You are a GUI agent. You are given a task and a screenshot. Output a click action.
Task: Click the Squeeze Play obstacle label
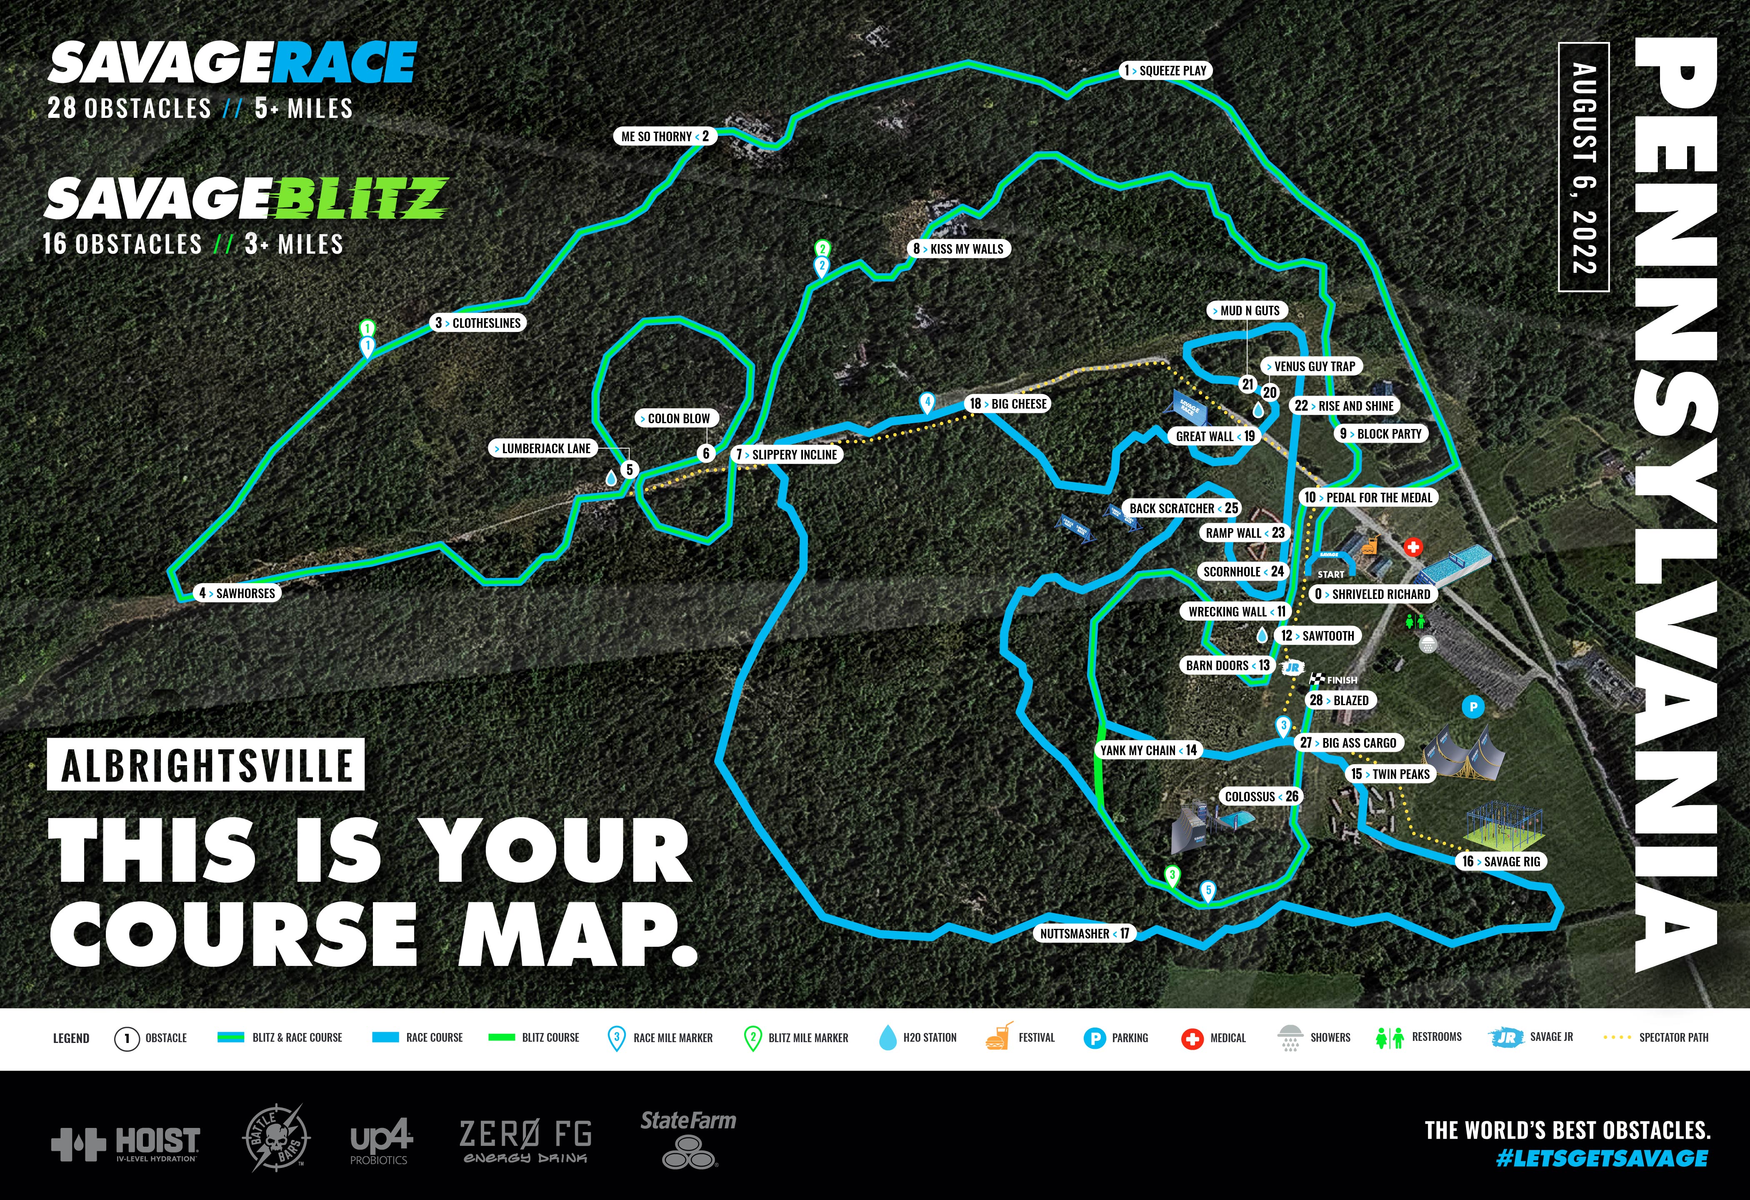tap(1165, 71)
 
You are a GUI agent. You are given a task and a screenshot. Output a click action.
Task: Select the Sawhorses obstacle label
tap(237, 593)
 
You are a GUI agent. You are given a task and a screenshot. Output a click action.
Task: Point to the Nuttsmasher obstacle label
tap(1084, 933)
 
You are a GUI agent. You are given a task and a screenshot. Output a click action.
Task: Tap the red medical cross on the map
tap(1412, 547)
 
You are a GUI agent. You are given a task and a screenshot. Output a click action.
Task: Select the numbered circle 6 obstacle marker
tap(705, 453)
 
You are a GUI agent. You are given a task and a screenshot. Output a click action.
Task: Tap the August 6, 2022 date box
tap(1584, 167)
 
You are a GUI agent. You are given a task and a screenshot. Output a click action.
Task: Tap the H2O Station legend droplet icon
tap(888, 1038)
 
